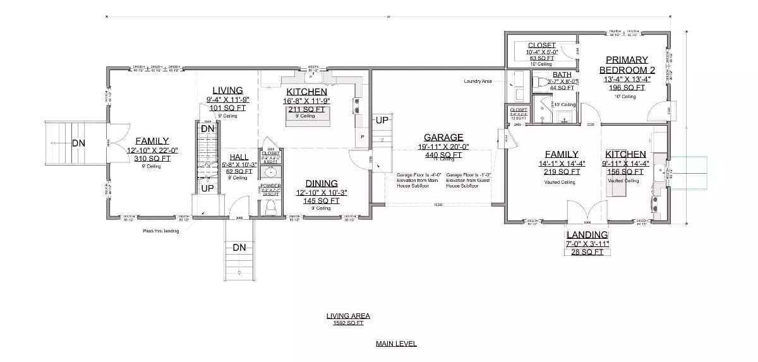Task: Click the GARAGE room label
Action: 443,137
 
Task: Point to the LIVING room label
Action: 227,90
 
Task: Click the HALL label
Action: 239,157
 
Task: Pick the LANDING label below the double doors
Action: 587,235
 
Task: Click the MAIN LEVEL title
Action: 396,344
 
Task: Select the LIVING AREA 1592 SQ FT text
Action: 348,319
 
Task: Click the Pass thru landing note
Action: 162,231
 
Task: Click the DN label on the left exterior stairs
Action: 78,143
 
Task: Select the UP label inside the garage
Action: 382,120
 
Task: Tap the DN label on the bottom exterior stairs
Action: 239,248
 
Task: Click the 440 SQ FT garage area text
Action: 443,155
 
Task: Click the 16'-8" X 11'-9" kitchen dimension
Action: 306,100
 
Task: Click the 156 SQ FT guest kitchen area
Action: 625,172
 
